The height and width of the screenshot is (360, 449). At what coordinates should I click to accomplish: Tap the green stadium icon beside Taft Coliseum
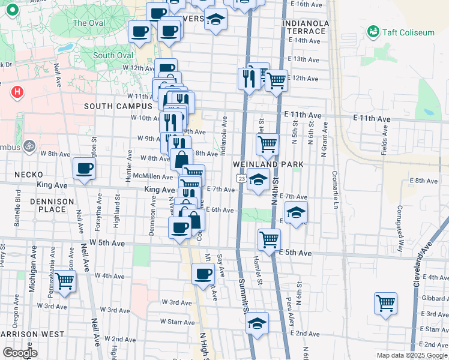tap(373, 31)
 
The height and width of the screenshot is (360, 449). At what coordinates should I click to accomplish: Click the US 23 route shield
tap(241, 178)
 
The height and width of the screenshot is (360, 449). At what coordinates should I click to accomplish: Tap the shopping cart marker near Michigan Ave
tap(64, 280)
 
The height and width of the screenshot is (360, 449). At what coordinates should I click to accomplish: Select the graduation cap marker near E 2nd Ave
tap(258, 323)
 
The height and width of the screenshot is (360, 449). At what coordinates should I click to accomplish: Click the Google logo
tap(20, 353)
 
